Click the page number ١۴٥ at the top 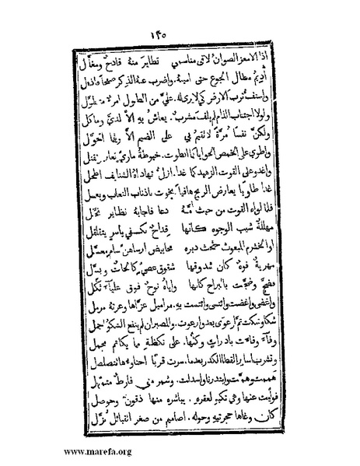(x=177, y=37)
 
